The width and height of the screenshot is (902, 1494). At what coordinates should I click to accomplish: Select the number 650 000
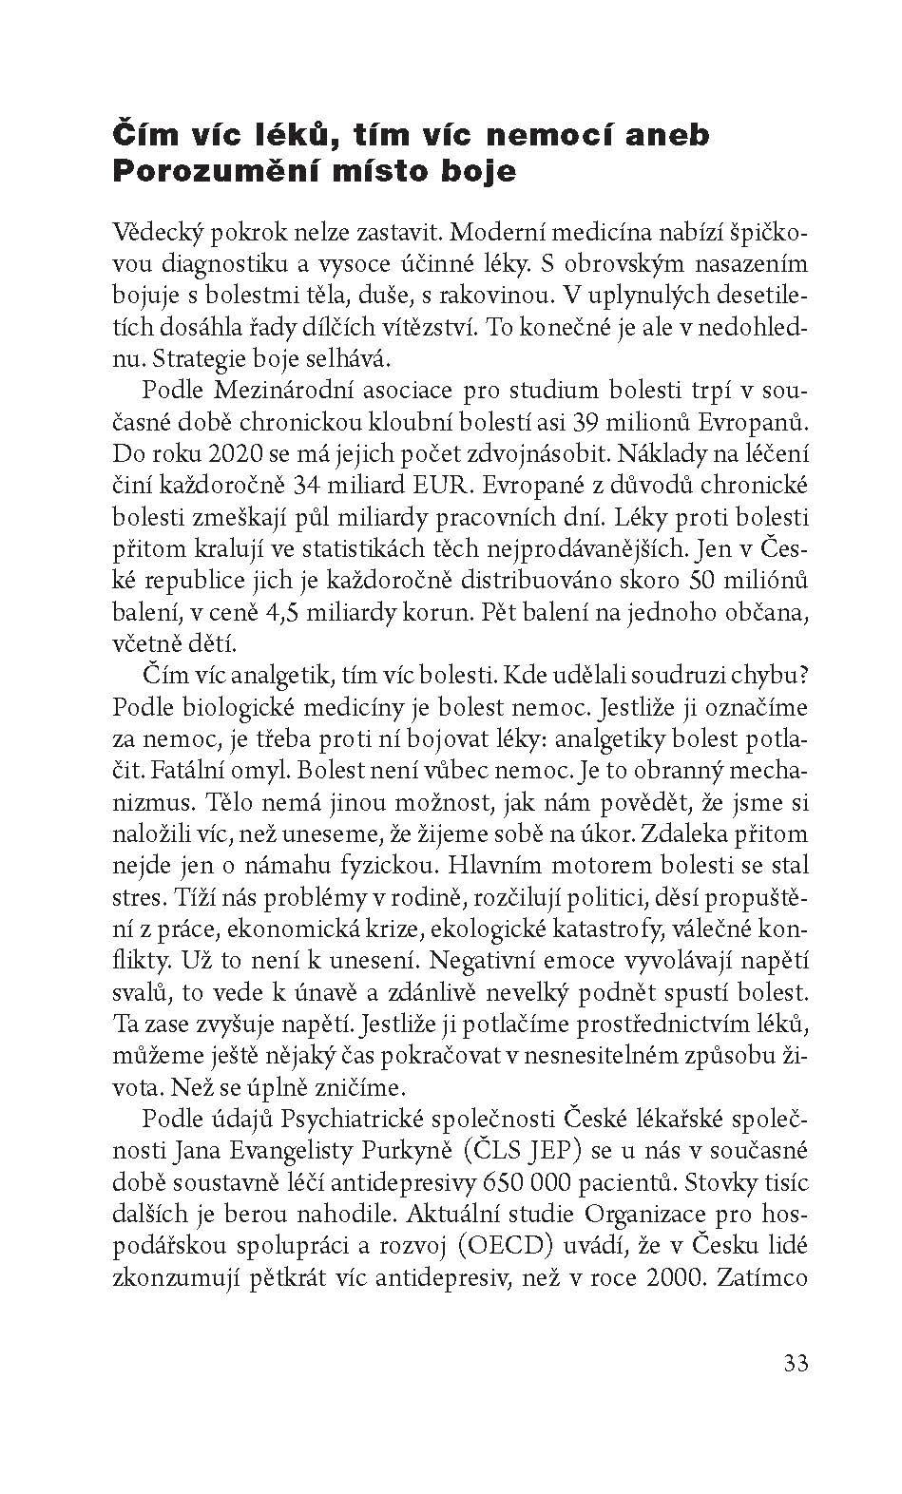click(x=533, y=1181)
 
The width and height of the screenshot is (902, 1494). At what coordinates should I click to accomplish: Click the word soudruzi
click(x=644, y=673)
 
